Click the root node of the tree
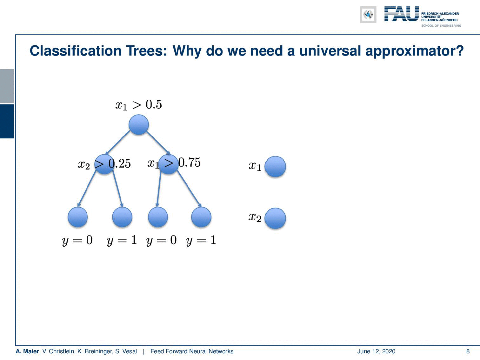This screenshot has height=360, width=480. click(139, 124)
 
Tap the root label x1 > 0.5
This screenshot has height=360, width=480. click(139, 105)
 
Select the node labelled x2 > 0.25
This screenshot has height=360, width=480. click(104, 164)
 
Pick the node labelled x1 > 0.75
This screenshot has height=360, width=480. click(168, 164)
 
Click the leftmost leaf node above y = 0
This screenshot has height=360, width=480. click(78, 217)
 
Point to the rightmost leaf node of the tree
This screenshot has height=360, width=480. click(201, 217)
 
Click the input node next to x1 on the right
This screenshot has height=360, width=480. click(275, 167)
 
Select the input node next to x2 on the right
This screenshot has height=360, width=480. click(275, 218)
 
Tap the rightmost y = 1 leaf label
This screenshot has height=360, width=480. click(201, 240)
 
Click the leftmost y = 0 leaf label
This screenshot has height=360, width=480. click(77, 240)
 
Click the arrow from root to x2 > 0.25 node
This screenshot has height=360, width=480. click(118, 143)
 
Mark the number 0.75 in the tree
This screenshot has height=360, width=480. click(190, 163)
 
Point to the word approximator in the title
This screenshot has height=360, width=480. click(414, 51)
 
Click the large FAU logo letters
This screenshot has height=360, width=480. click(402, 14)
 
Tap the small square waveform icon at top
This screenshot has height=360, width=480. click(368, 15)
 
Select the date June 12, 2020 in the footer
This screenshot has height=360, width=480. click(376, 351)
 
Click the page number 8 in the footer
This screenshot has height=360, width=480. click(468, 351)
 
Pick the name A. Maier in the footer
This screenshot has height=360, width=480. click(27, 351)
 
